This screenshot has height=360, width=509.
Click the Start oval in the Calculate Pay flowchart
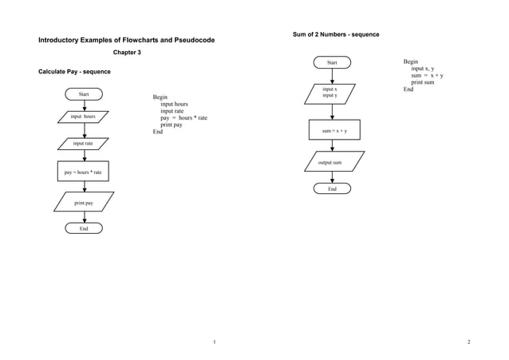(84, 94)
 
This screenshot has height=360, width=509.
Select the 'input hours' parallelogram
(83, 117)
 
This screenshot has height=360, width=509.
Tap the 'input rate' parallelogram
(83, 144)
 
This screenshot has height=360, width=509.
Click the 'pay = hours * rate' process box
(83, 172)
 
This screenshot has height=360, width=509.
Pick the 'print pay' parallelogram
(84, 202)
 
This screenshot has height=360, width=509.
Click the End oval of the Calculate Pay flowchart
(84, 228)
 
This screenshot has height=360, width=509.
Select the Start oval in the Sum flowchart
(332, 62)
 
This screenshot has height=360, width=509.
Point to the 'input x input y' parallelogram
(329, 93)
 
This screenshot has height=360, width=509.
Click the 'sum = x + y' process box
(334, 129)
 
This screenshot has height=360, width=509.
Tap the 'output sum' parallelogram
(334, 162)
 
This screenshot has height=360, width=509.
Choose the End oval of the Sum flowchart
(332, 189)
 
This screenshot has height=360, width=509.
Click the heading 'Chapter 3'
(127, 53)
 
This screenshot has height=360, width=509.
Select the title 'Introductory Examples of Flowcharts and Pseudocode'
(126, 40)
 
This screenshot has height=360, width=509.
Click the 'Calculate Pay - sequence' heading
(74, 73)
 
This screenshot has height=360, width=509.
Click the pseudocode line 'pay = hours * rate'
(183, 118)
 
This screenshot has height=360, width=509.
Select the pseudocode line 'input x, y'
(423, 69)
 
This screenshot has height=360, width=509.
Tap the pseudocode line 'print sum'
(423, 82)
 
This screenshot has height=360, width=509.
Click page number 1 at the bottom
(214, 342)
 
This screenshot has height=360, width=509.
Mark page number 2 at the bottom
(468, 342)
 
